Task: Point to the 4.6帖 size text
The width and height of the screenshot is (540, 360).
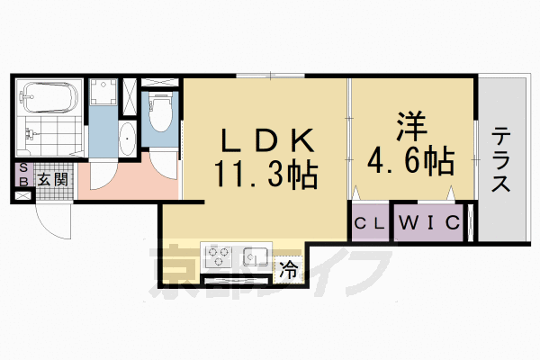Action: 409,162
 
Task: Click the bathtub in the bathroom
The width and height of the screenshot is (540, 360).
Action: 49,95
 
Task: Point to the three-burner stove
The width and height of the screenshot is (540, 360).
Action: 219,256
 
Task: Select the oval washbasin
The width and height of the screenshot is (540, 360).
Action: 127,139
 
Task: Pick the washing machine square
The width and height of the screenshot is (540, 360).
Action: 103,94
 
